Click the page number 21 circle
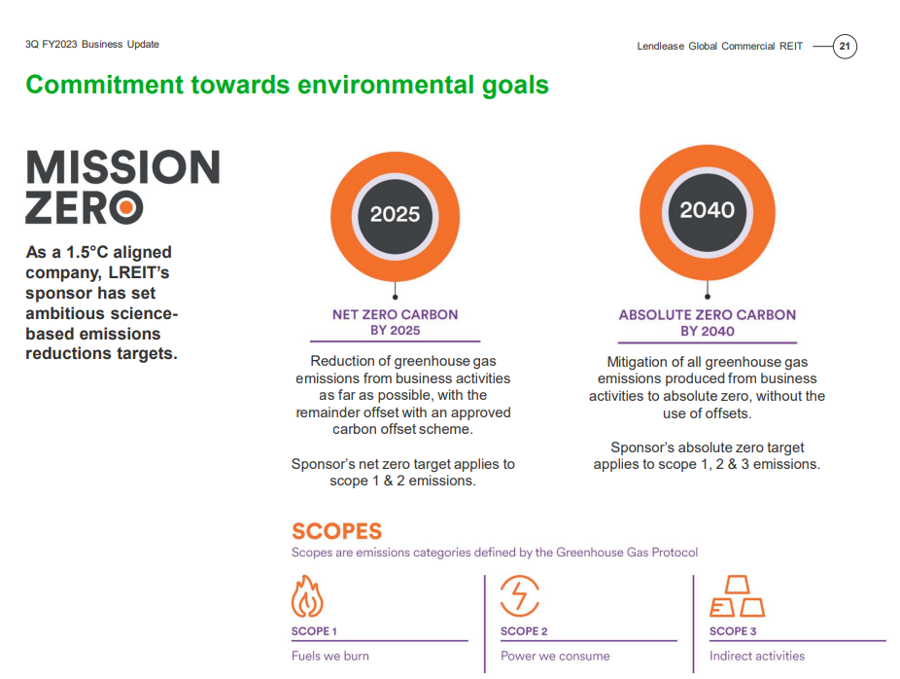pos(845,47)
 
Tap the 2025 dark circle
pos(395,215)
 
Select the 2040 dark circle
pos(708,211)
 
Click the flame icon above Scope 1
pos(307,596)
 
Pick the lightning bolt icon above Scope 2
pos(519,595)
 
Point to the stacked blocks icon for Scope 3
pos(738,595)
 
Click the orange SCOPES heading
pos(337,531)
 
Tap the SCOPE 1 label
pos(314,631)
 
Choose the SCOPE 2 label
pos(524,631)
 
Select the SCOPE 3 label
pos(733,631)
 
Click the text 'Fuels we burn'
pos(330,656)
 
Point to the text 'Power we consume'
pos(555,656)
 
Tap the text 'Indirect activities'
pos(757,656)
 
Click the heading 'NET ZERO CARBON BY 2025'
pos(395,322)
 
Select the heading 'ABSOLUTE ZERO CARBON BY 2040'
pos(708,323)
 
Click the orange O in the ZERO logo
pos(126,207)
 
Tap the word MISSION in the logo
pos(122,167)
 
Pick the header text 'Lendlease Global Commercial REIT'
pos(720,46)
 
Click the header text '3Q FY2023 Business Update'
pos(91,44)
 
